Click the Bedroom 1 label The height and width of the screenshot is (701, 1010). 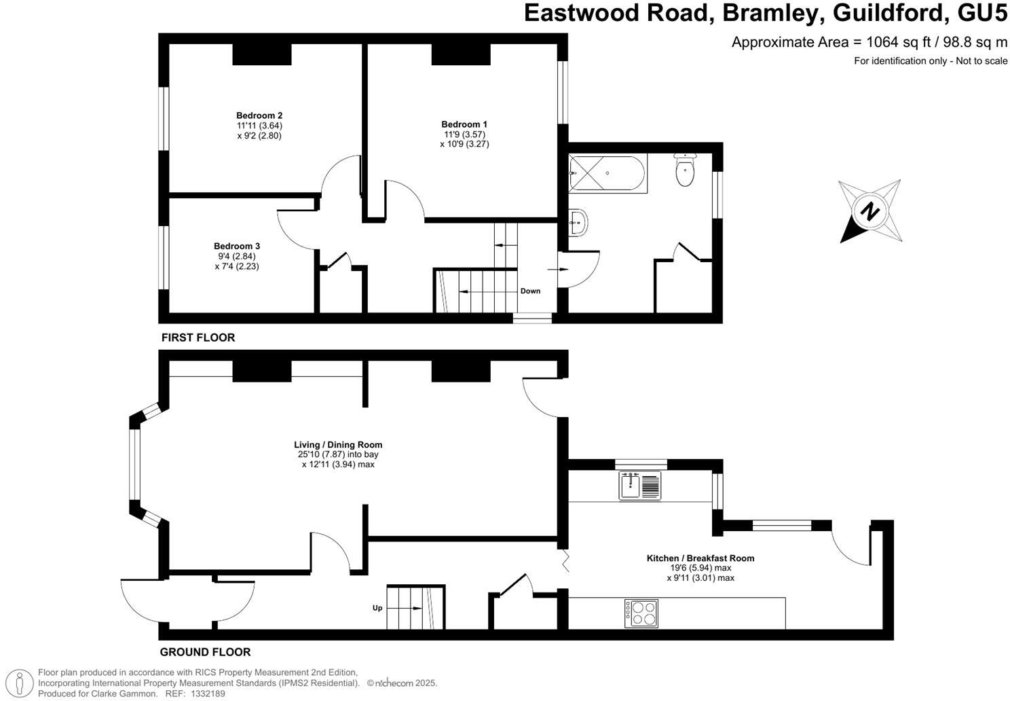point(464,124)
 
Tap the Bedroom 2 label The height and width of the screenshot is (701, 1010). point(259,115)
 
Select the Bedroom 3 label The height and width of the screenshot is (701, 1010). point(237,246)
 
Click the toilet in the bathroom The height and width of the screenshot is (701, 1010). point(684,170)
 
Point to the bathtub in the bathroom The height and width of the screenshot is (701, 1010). point(607,173)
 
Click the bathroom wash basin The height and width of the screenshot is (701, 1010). point(578,222)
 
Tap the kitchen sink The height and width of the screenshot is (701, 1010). point(639,486)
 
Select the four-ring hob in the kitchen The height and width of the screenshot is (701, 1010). point(641,613)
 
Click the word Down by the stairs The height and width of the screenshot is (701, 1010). point(530,291)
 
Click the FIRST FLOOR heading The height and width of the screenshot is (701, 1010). point(198,338)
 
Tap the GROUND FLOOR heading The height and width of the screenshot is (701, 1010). point(205,652)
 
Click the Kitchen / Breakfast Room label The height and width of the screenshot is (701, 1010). point(700,558)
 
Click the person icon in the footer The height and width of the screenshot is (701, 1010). point(22,683)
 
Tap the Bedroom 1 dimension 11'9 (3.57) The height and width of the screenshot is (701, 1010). point(464,134)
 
